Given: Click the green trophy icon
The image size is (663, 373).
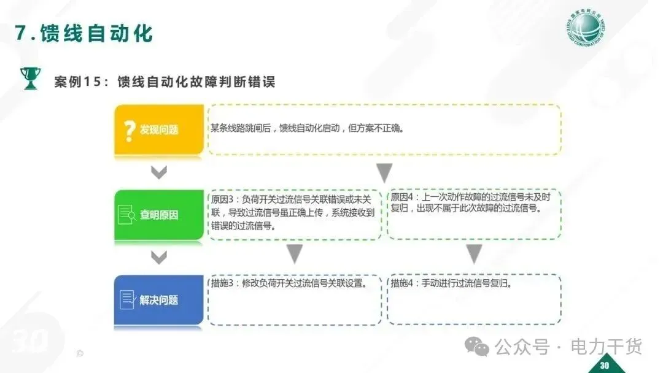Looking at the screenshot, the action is (x=29, y=78).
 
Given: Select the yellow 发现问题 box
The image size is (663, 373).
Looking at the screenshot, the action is (x=159, y=129).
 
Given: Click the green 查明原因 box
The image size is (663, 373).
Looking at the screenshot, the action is (x=159, y=215).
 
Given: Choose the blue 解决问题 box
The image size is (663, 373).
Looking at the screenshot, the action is (x=159, y=300).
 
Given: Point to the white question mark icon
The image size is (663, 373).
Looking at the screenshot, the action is (x=129, y=130).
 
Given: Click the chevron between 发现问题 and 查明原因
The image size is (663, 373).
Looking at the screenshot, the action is (x=159, y=173).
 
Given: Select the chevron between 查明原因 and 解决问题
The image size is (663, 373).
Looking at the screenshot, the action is (x=159, y=258).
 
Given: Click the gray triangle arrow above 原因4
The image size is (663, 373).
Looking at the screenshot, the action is (x=384, y=173).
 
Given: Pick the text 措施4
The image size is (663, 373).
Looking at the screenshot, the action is (x=403, y=283).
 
